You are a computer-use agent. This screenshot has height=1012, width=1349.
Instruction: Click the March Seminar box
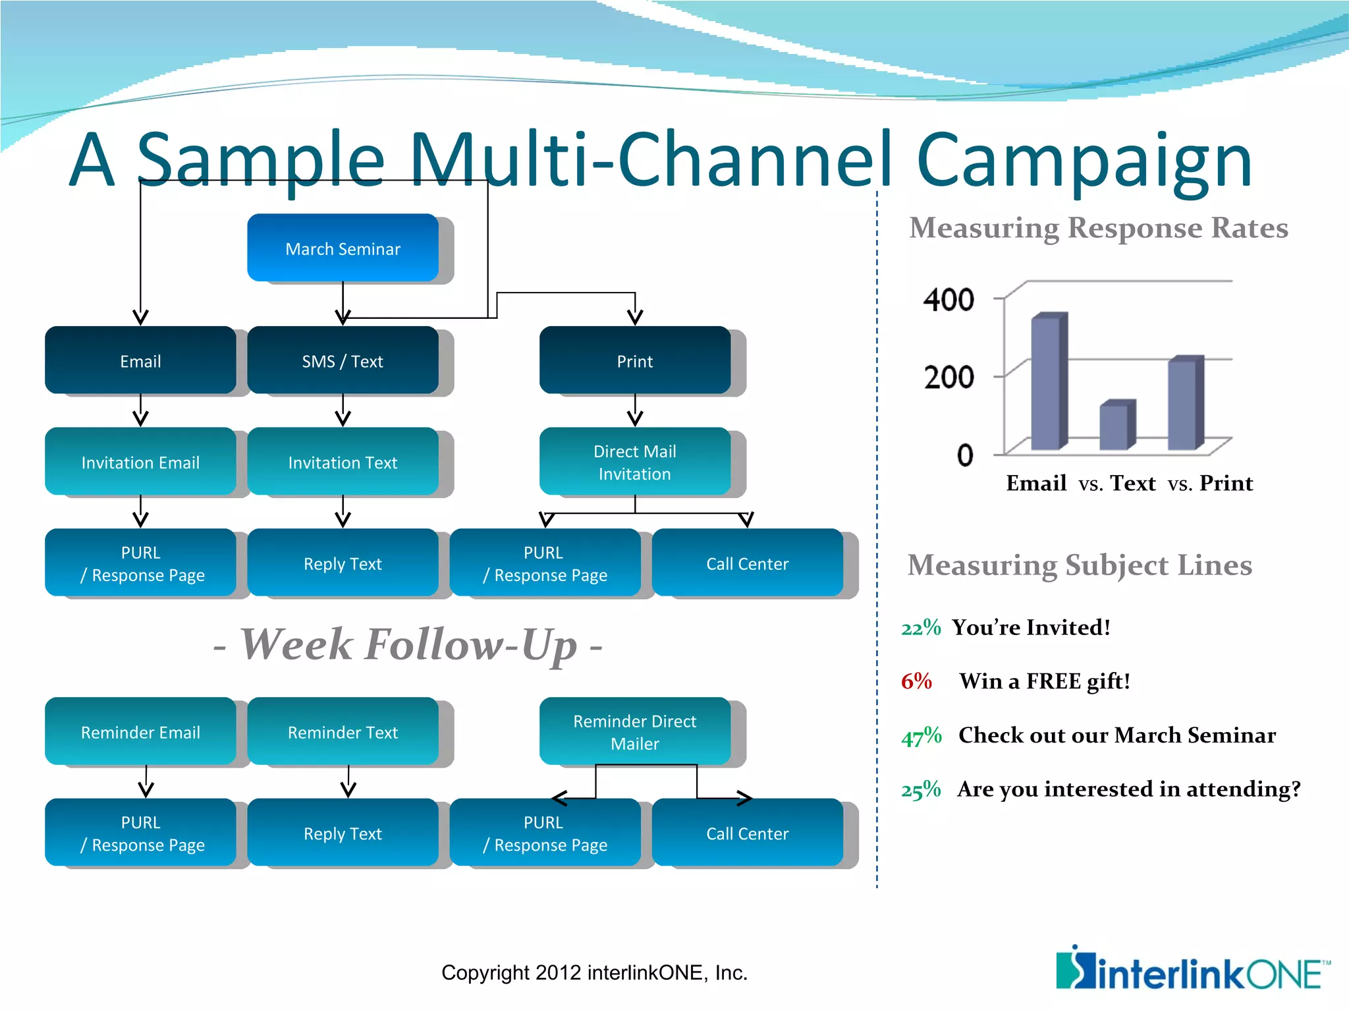pyautogui.click(x=343, y=248)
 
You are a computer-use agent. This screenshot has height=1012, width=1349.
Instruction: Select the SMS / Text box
pyautogui.click(x=343, y=360)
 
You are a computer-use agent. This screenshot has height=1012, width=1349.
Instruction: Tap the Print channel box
pyautogui.click(x=634, y=360)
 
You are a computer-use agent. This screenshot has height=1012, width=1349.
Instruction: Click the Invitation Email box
pyautogui.click(x=140, y=462)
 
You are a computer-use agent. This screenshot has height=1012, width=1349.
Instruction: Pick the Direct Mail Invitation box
pyautogui.click(x=634, y=462)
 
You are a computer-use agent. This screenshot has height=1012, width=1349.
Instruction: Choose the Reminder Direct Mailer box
pyautogui.click(x=634, y=731)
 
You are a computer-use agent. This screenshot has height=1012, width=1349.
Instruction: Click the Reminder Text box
pyautogui.click(x=343, y=731)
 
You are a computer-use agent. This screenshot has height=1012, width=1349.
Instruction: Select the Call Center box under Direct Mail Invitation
pyautogui.click(x=747, y=563)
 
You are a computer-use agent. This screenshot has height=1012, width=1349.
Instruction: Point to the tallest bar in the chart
pyautogui.click(x=1047, y=382)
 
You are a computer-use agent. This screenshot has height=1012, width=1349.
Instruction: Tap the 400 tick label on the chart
pyautogui.click(x=949, y=300)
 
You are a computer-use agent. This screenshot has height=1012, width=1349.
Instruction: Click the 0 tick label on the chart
pyautogui.click(x=965, y=455)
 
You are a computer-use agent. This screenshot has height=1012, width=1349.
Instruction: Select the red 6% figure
pyautogui.click(x=916, y=681)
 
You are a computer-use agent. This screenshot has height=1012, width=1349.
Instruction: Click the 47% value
pyautogui.click(x=921, y=735)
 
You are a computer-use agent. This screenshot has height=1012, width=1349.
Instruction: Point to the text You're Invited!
pyautogui.click(x=1031, y=627)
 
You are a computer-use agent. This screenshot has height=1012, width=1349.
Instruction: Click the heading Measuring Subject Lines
pyautogui.click(x=1080, y=565)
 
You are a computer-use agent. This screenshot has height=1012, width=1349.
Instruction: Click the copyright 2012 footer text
pyautogui.click(x=594, y=972)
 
